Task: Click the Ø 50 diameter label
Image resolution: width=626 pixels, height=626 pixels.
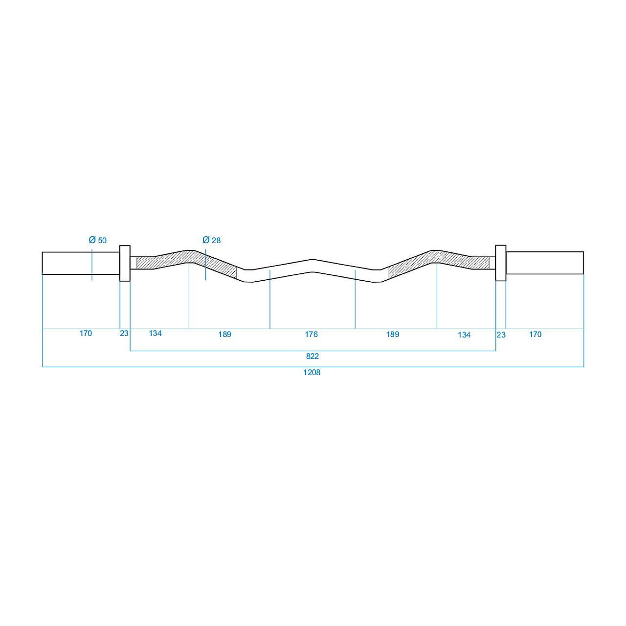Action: tap(97, 240)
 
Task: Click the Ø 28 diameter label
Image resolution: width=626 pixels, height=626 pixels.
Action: tap(211, 240)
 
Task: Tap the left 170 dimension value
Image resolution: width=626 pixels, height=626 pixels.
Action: tap(86, 334)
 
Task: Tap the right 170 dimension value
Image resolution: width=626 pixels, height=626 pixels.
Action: tap(536, 335)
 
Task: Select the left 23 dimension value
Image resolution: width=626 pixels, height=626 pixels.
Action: tap(124, 334)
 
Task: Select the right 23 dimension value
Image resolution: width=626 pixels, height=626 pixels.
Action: tap(501, 335)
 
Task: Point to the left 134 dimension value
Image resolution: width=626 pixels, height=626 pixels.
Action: tap(156, 334)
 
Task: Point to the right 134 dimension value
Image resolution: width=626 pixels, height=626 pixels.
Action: tap(464, 335)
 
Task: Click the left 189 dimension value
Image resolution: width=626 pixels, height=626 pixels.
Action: tap(225, 335)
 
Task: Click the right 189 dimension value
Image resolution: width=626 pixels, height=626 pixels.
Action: tap(393, 335)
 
